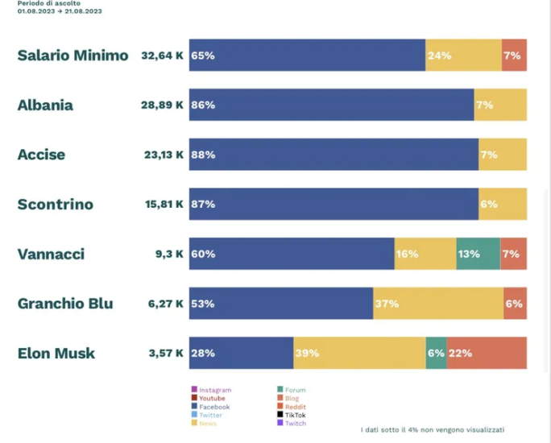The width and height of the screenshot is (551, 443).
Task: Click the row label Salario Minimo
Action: (72, 56)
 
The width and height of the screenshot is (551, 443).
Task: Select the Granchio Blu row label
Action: (65, 304)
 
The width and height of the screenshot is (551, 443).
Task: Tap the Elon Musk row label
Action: (56, 353)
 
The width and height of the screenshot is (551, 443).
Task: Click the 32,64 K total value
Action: (162, 56)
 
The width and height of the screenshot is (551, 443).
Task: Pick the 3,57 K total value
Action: (163, 353)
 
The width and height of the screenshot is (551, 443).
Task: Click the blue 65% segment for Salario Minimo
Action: (307, 56)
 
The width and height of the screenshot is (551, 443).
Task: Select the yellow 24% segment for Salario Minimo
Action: (463, 56)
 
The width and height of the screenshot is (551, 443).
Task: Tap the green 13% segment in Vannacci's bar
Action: (478, 254)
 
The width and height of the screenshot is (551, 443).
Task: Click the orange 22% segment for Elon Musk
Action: (487, 353)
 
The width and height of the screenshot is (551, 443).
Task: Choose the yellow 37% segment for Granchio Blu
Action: (437, 304)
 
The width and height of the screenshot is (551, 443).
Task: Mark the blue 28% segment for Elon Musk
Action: (241, 353)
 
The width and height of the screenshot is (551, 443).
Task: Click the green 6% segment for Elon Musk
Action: (436, 353)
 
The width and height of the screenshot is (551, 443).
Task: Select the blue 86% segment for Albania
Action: (331, 105)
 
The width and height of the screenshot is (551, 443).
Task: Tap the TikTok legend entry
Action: (295, 415)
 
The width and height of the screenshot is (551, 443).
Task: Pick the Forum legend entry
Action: (295, 390)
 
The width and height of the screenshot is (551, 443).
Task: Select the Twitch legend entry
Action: (295, 423)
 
